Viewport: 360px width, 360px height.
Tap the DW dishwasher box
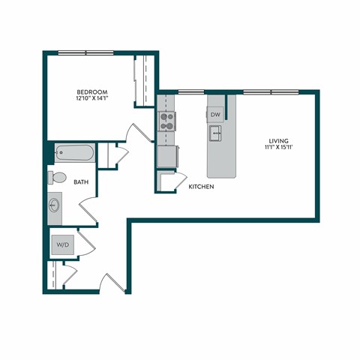[215, 115]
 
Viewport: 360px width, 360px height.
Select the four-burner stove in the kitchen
[166, 121]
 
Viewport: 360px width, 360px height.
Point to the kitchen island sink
[215, 133]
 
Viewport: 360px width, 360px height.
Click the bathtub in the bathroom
[74, 154]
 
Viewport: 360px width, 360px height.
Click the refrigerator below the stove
[166, 157]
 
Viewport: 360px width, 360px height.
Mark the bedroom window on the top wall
[85, 52]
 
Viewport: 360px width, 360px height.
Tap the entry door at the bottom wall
[110, 283]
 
